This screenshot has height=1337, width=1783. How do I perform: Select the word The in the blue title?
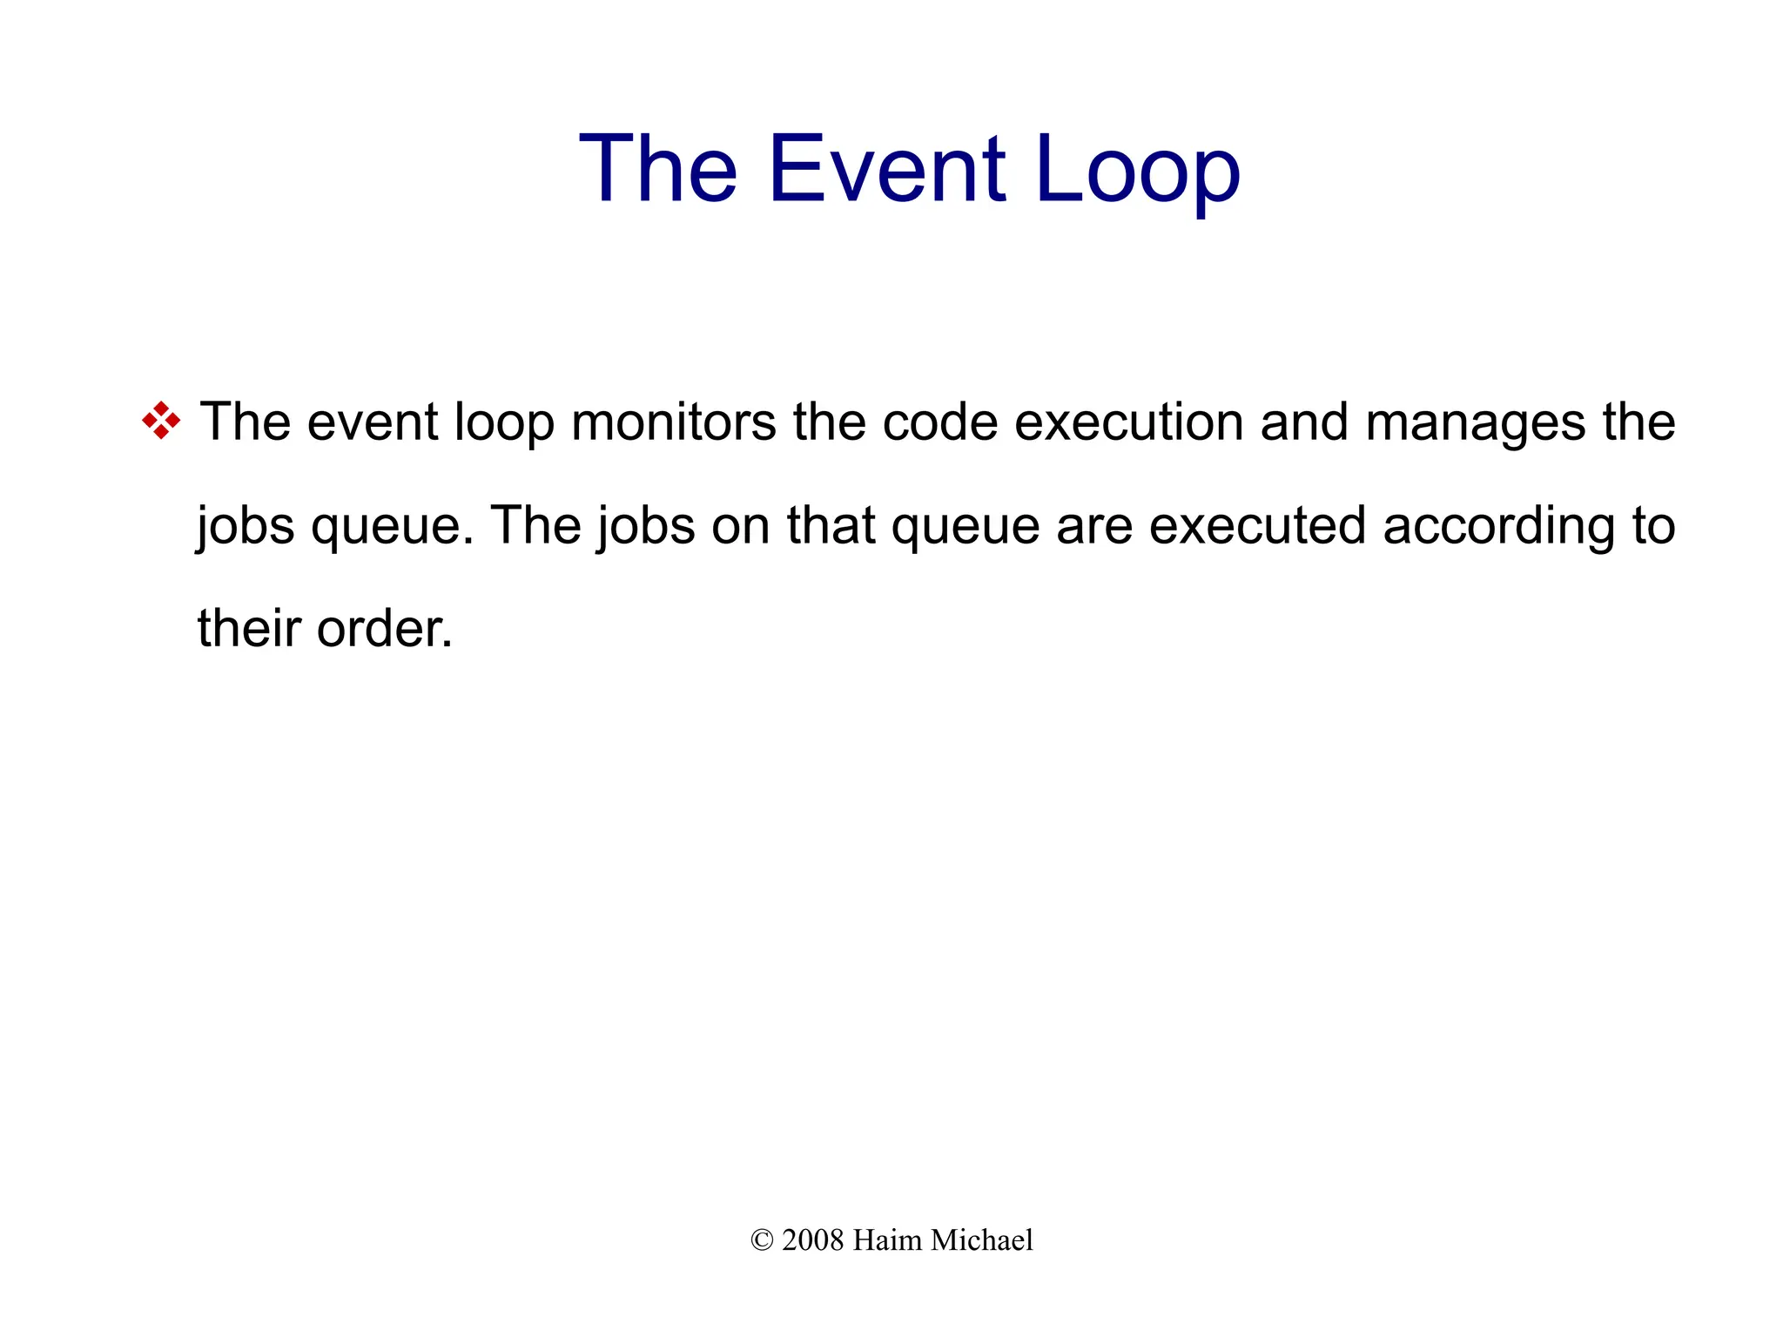[658, 169]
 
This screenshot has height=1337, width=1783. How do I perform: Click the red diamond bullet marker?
[161, 421]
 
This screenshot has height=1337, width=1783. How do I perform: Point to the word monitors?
[673, 422]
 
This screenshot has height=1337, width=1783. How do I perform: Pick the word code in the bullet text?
[940, 422]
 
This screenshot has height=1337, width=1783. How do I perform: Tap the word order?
[384, 628]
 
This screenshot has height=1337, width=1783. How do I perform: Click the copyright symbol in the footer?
[762, 1240]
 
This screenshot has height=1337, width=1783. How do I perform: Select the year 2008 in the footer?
[813, 1240]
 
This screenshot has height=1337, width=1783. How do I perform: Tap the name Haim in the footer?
[886, 1240]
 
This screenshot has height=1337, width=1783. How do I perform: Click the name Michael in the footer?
[981, 1240]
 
